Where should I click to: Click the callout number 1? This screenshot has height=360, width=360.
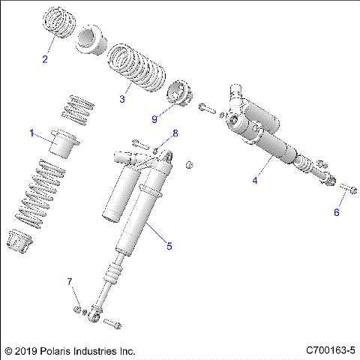click(x=32, y=133)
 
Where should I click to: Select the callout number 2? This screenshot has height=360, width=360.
click(x=44, y=59)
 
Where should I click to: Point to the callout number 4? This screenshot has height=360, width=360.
click(x=255, y=180)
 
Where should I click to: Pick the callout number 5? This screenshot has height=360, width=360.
click(x=169, y=245)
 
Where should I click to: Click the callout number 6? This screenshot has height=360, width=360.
click(x=336, y=212)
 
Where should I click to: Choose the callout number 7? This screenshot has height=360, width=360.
click(x=70, y=281)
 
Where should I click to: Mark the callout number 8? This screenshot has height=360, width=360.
click(x=175, y=133)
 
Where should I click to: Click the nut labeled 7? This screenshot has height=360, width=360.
click(x=77, y=309)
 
